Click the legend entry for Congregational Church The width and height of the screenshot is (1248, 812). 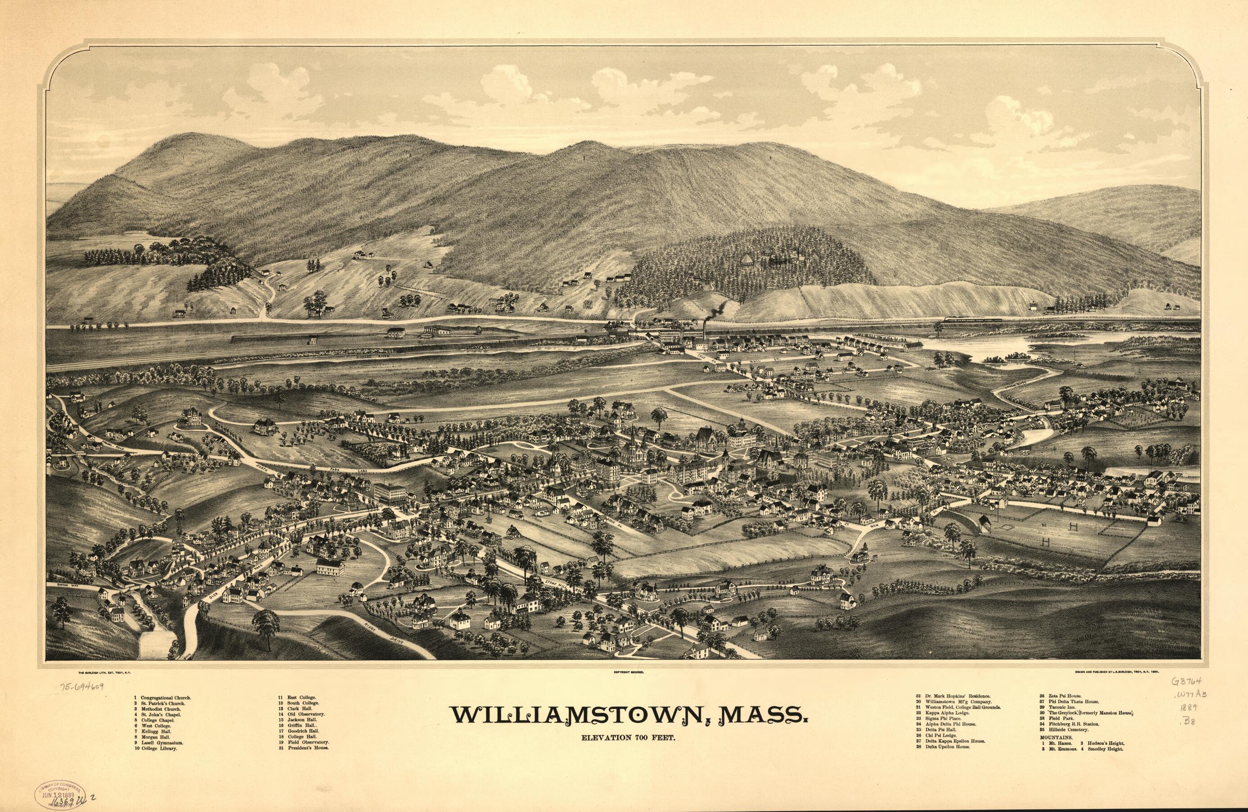point(165,698)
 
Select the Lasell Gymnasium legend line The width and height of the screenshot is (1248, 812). point(162,743)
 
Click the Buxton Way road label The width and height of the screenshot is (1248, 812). point(72,584)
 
